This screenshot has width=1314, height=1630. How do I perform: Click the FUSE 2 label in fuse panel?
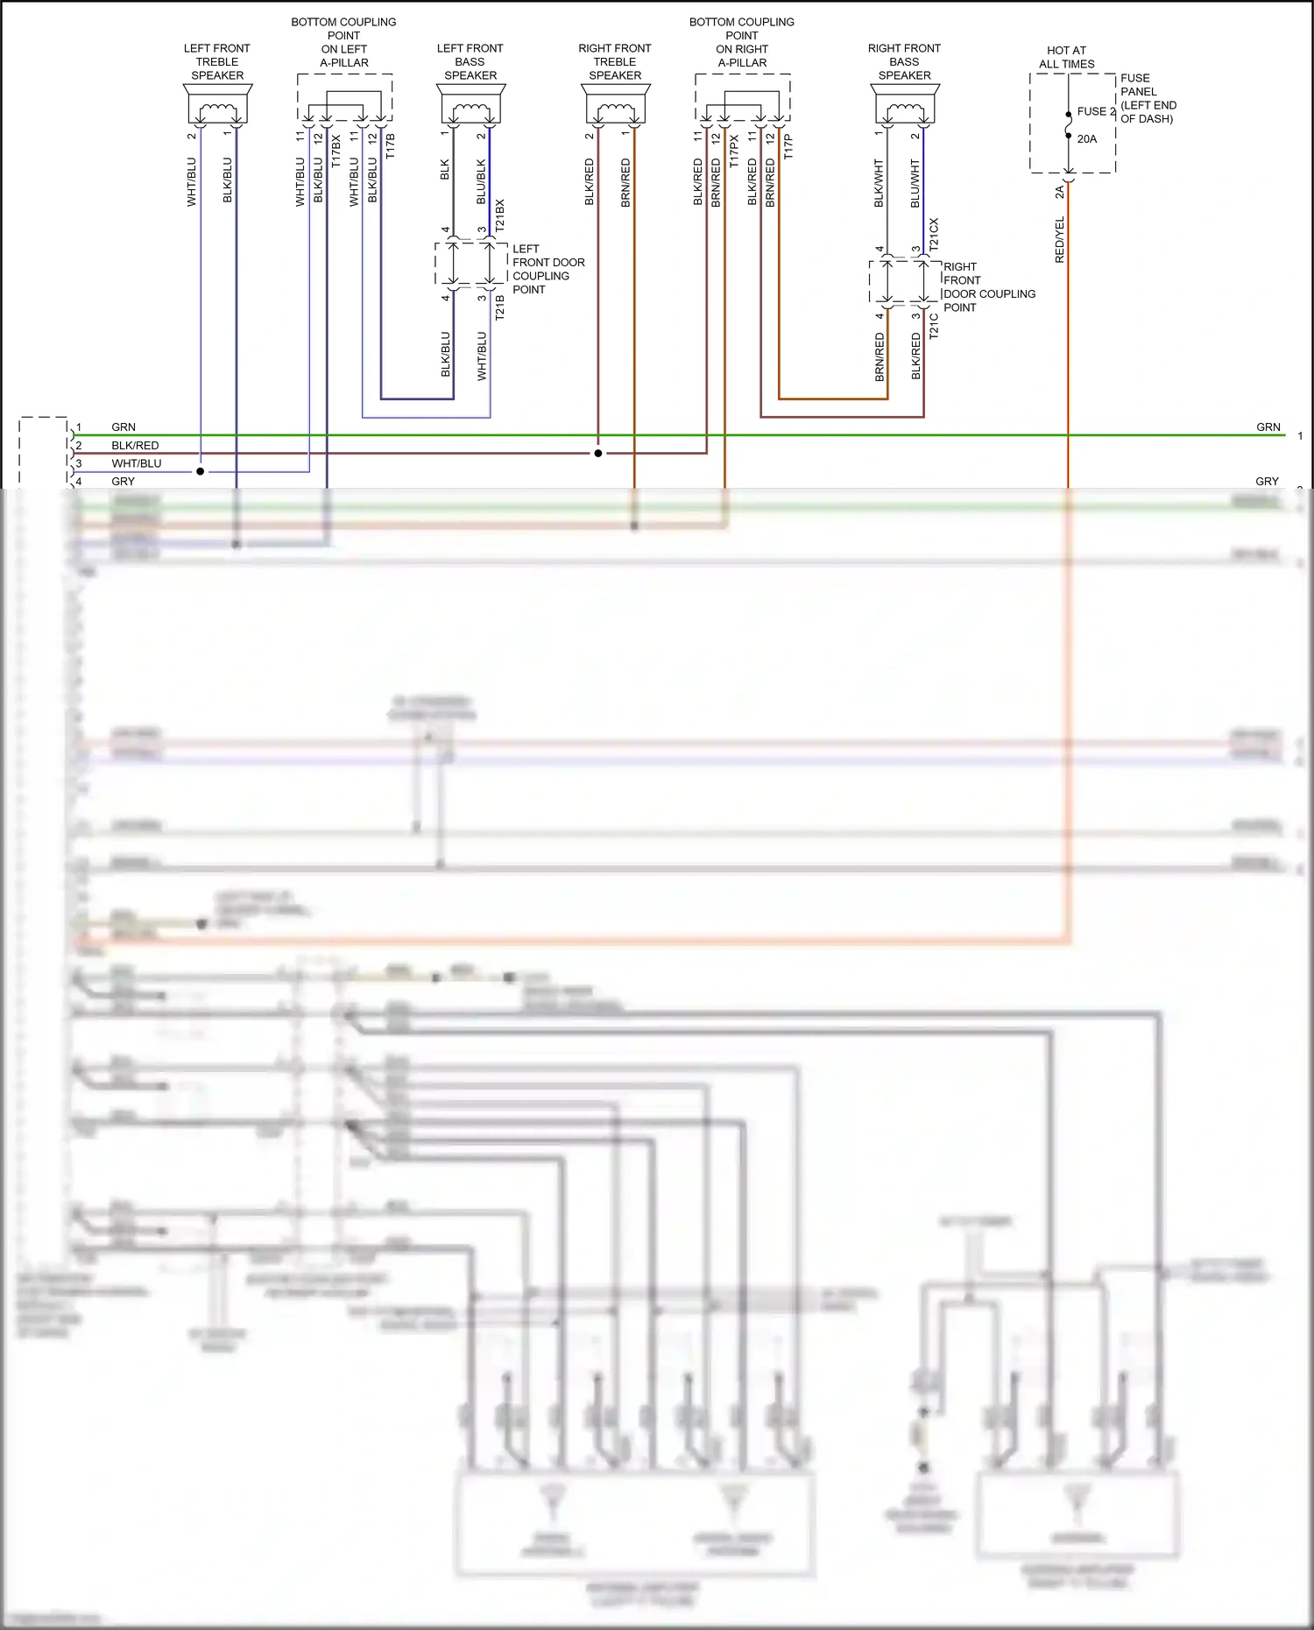[1096, 111]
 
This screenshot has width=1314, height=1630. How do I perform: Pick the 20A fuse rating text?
[1086, 138]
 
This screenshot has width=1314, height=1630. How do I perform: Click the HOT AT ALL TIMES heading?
[1066, 57]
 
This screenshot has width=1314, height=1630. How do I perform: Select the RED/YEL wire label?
[1059, 240]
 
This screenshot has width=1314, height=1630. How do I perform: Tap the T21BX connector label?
[500, 215]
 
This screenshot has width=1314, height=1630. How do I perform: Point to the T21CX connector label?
[934, 235]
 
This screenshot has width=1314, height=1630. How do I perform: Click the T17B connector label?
[391, 145]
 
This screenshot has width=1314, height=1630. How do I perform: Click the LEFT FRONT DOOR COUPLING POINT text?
[547, 269]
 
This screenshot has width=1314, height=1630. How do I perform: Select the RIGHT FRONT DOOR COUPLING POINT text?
[988, 286]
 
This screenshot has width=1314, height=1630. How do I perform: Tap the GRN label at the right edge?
[1268, 427]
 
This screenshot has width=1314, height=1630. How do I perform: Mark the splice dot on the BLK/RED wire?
[598, 453]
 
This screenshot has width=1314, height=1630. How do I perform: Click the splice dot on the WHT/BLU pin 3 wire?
[201, 471]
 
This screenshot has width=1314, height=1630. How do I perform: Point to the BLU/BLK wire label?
[481, 182]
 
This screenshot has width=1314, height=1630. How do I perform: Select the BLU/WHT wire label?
[915, 183]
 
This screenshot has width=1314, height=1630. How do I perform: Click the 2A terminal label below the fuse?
[1059, 191]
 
